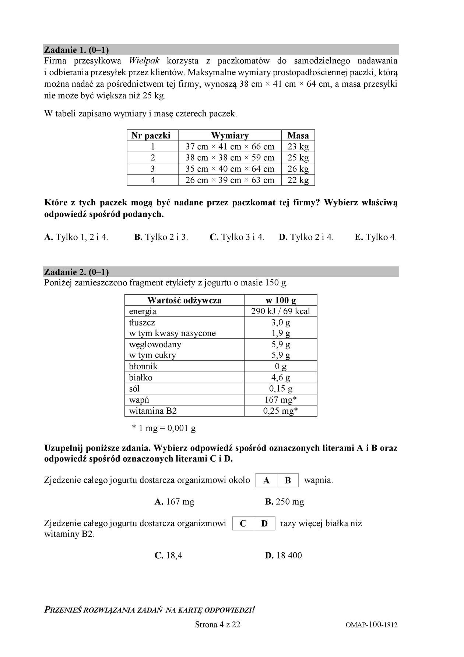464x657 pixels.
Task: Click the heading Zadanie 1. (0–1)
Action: (x=76, y=50)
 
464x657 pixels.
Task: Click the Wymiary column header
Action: (x=230, y=136)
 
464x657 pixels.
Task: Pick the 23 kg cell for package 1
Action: (x=298, y=147)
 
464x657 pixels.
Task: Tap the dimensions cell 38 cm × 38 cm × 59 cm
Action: (x=230, y=158)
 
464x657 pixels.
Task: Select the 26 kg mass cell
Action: (x=298, y=169)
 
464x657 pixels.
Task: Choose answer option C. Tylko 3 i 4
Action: (x=237, y=237)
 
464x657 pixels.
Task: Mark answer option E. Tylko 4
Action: (x=376, y=237)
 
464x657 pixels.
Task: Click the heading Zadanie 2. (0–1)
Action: (x=76, y=272)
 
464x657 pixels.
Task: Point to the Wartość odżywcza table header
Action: (x=184, y=300)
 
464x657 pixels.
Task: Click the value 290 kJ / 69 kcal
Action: (x=280, y=311)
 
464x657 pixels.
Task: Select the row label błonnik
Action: (x=143, y=366)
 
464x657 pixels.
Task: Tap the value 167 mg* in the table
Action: (x=280, y=400)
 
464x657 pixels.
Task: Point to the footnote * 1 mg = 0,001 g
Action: (x=164, y=428)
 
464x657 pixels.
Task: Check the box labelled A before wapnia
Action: (x=267, y=480)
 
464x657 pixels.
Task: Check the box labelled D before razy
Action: (x=264, y=524)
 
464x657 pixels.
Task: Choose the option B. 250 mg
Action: (x=284, y=502)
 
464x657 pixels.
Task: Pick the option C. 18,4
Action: (x=169, y=555)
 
